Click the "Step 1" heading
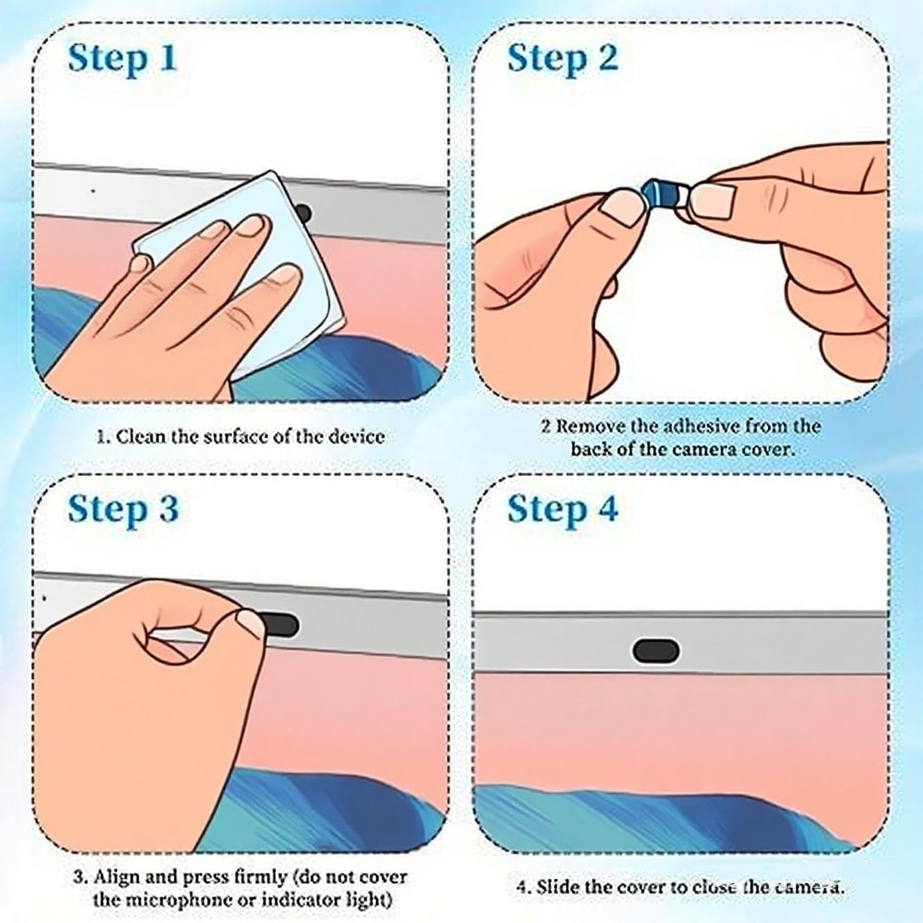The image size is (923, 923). tap(122, 59)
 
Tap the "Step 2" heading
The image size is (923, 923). tap(562, 59)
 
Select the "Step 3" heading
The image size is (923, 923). tap(123, 509)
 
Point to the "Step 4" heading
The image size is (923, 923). tap(563, 509)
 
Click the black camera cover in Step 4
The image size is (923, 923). tap(655, 651)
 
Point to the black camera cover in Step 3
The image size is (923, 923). tap(279, 624)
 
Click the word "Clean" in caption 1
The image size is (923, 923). tap(141, 436)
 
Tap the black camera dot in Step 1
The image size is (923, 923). tap(304, 212)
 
